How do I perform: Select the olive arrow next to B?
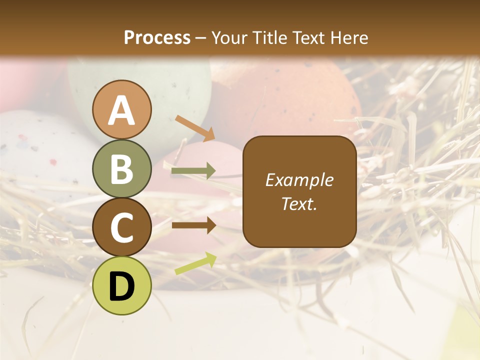(193, 171)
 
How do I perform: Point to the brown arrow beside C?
(193, 225)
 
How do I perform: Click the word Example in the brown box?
(299, 180)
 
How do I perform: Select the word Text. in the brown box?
(299, 203)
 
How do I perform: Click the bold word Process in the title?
(157, 37)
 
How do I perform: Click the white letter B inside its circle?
(122, 169)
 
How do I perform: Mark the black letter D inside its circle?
(122, 286)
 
